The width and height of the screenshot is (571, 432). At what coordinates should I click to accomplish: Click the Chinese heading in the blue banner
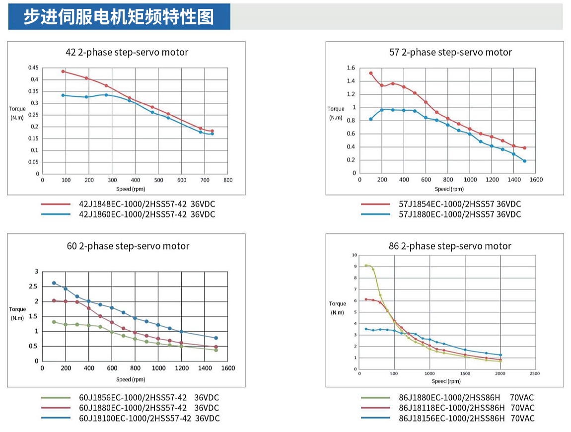[x=119, y=17]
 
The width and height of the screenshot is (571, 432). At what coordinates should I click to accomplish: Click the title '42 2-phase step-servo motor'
[x=127, y=52]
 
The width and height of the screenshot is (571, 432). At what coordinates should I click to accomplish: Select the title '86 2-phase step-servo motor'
[x=449, y=246]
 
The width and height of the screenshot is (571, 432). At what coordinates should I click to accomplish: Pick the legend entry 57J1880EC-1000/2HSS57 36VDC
[x=460, y=215]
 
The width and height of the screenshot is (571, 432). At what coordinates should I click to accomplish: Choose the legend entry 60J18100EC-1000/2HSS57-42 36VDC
[x=149, y=418]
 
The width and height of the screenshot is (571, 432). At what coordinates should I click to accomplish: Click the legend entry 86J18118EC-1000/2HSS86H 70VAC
[x=466, y=408]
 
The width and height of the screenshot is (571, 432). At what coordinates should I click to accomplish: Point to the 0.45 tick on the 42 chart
[x=33, y=68]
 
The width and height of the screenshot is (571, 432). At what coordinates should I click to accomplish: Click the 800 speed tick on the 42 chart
[x=228, y=180]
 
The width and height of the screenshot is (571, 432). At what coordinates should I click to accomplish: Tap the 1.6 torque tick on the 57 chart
[x=351, y=68]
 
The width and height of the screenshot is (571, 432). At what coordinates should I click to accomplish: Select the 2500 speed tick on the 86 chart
[x=535, y=373]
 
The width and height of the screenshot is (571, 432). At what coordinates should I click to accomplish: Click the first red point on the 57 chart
[x=371, y=73]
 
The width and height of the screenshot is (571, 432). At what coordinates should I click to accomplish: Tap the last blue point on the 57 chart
[x=524, y=161]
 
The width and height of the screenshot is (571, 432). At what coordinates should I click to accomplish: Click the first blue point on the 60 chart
[x=54, y=283]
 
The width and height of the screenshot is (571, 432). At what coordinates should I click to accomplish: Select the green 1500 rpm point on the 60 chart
[x=216, y=350]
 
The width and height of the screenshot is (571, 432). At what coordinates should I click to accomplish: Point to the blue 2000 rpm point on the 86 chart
[x=500, y=355]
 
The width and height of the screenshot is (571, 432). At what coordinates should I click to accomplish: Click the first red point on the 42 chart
[x=63, y=72]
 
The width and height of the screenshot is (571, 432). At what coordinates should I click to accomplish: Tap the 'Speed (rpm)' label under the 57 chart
[x=449, y=189]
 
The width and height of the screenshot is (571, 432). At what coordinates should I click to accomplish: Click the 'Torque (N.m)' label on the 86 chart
[x=338, y=308]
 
